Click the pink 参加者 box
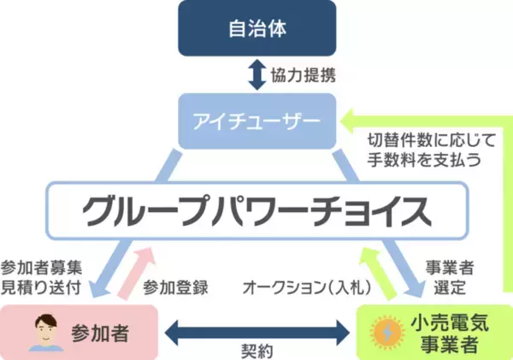(x=79, y=330)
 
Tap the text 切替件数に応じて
(x=423, y=139)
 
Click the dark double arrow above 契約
(x=256, y=329)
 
